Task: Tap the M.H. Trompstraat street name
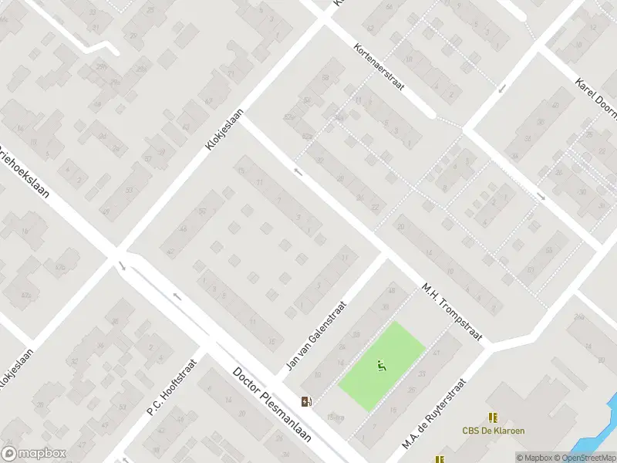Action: click(452, 311)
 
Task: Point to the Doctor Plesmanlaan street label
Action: click(272, 404)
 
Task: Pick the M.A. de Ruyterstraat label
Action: click(435, 414)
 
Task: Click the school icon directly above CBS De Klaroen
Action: click(492, 417)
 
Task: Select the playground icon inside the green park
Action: click(380, 366)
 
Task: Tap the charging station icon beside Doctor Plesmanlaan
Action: click(307, 400)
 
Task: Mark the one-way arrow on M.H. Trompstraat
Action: click(298, 171)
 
